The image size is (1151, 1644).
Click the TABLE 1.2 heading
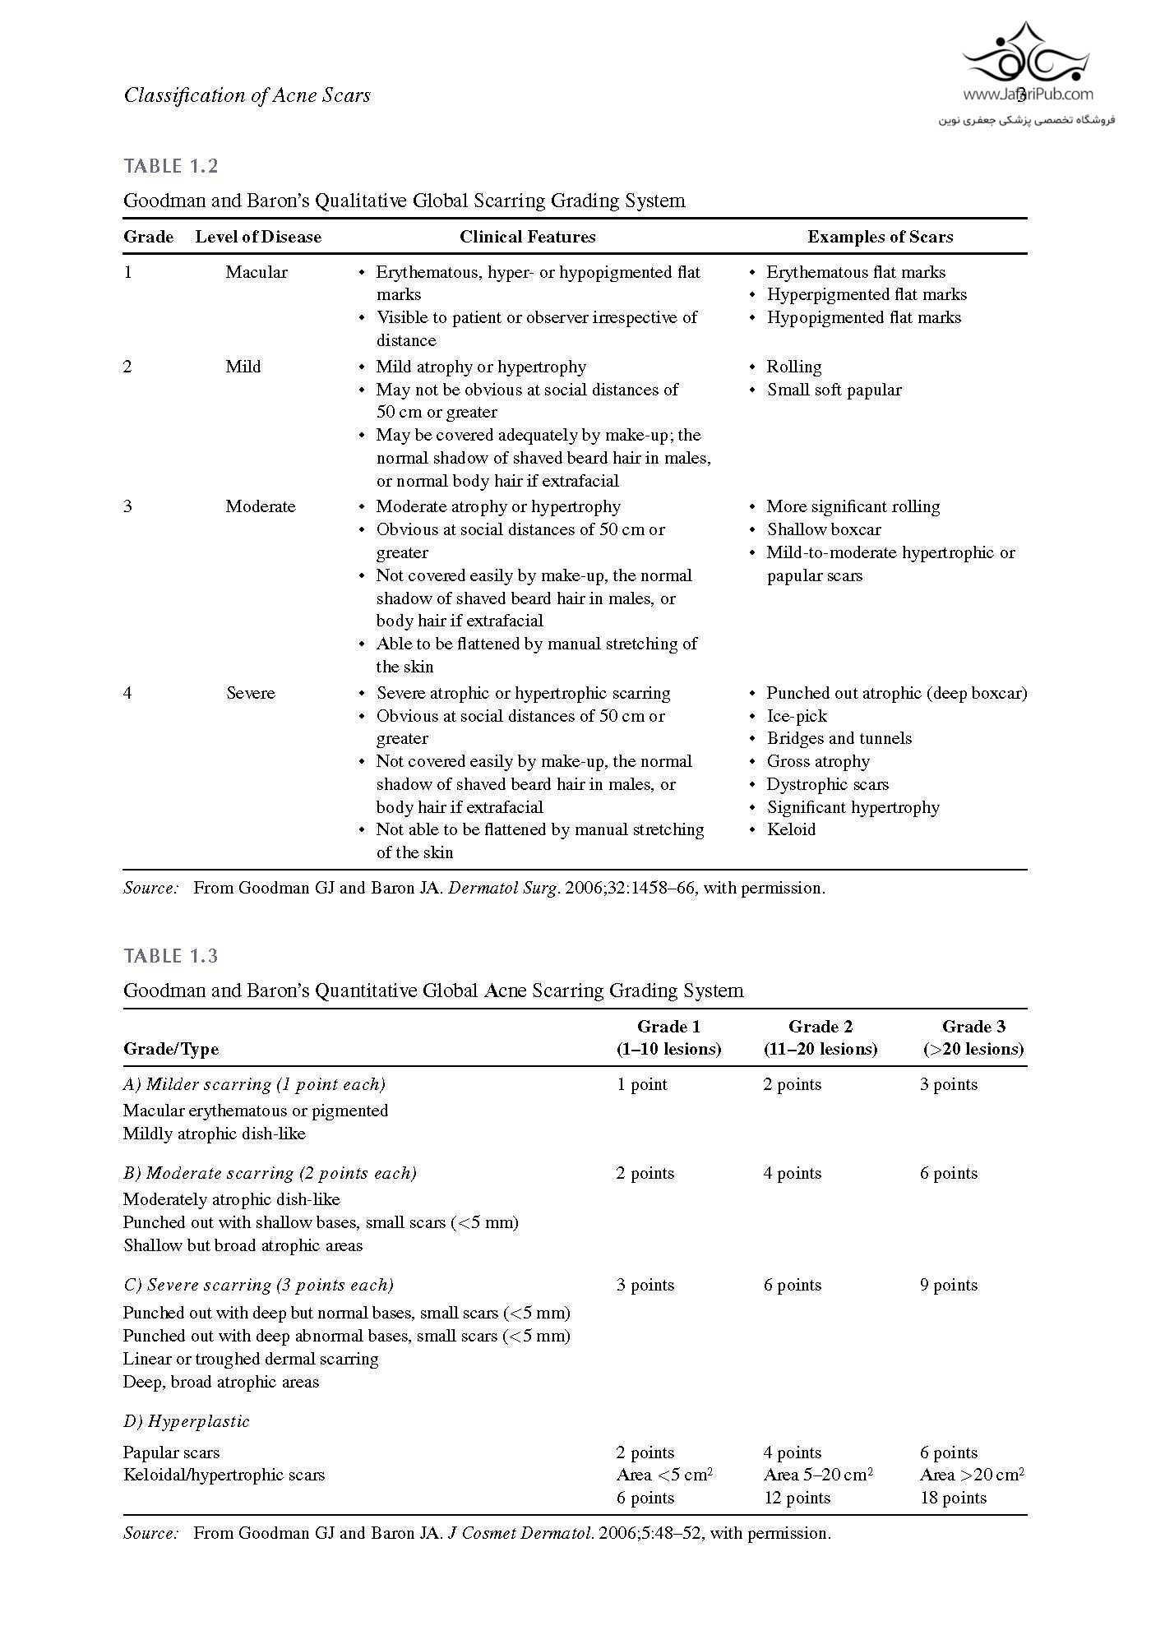click(171, 166)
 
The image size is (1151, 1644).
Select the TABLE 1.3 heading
click(171, 956)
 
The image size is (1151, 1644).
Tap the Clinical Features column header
click(527, 237)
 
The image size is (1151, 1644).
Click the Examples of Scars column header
click(880, 237)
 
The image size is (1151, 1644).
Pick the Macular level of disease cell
click(257, 272)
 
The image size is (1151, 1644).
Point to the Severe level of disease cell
click(251, 693)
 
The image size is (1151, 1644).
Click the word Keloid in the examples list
click(791, 829)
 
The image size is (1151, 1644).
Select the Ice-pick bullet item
click(797, 716)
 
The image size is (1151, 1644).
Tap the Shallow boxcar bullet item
click(824, 529)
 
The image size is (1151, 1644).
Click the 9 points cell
click(949, 1285)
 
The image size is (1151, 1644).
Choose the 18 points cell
click(953, 1498)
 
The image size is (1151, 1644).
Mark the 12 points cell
click(797, 1498)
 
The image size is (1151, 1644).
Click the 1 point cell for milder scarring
click(642, 1084)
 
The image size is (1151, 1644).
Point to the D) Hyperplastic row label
click(187, 1421)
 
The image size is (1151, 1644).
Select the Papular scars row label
click(171, 1452)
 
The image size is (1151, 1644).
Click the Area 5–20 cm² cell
click(818, 1475)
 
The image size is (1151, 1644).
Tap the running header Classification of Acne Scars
click(247, 95)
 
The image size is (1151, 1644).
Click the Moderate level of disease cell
click(261, 506)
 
